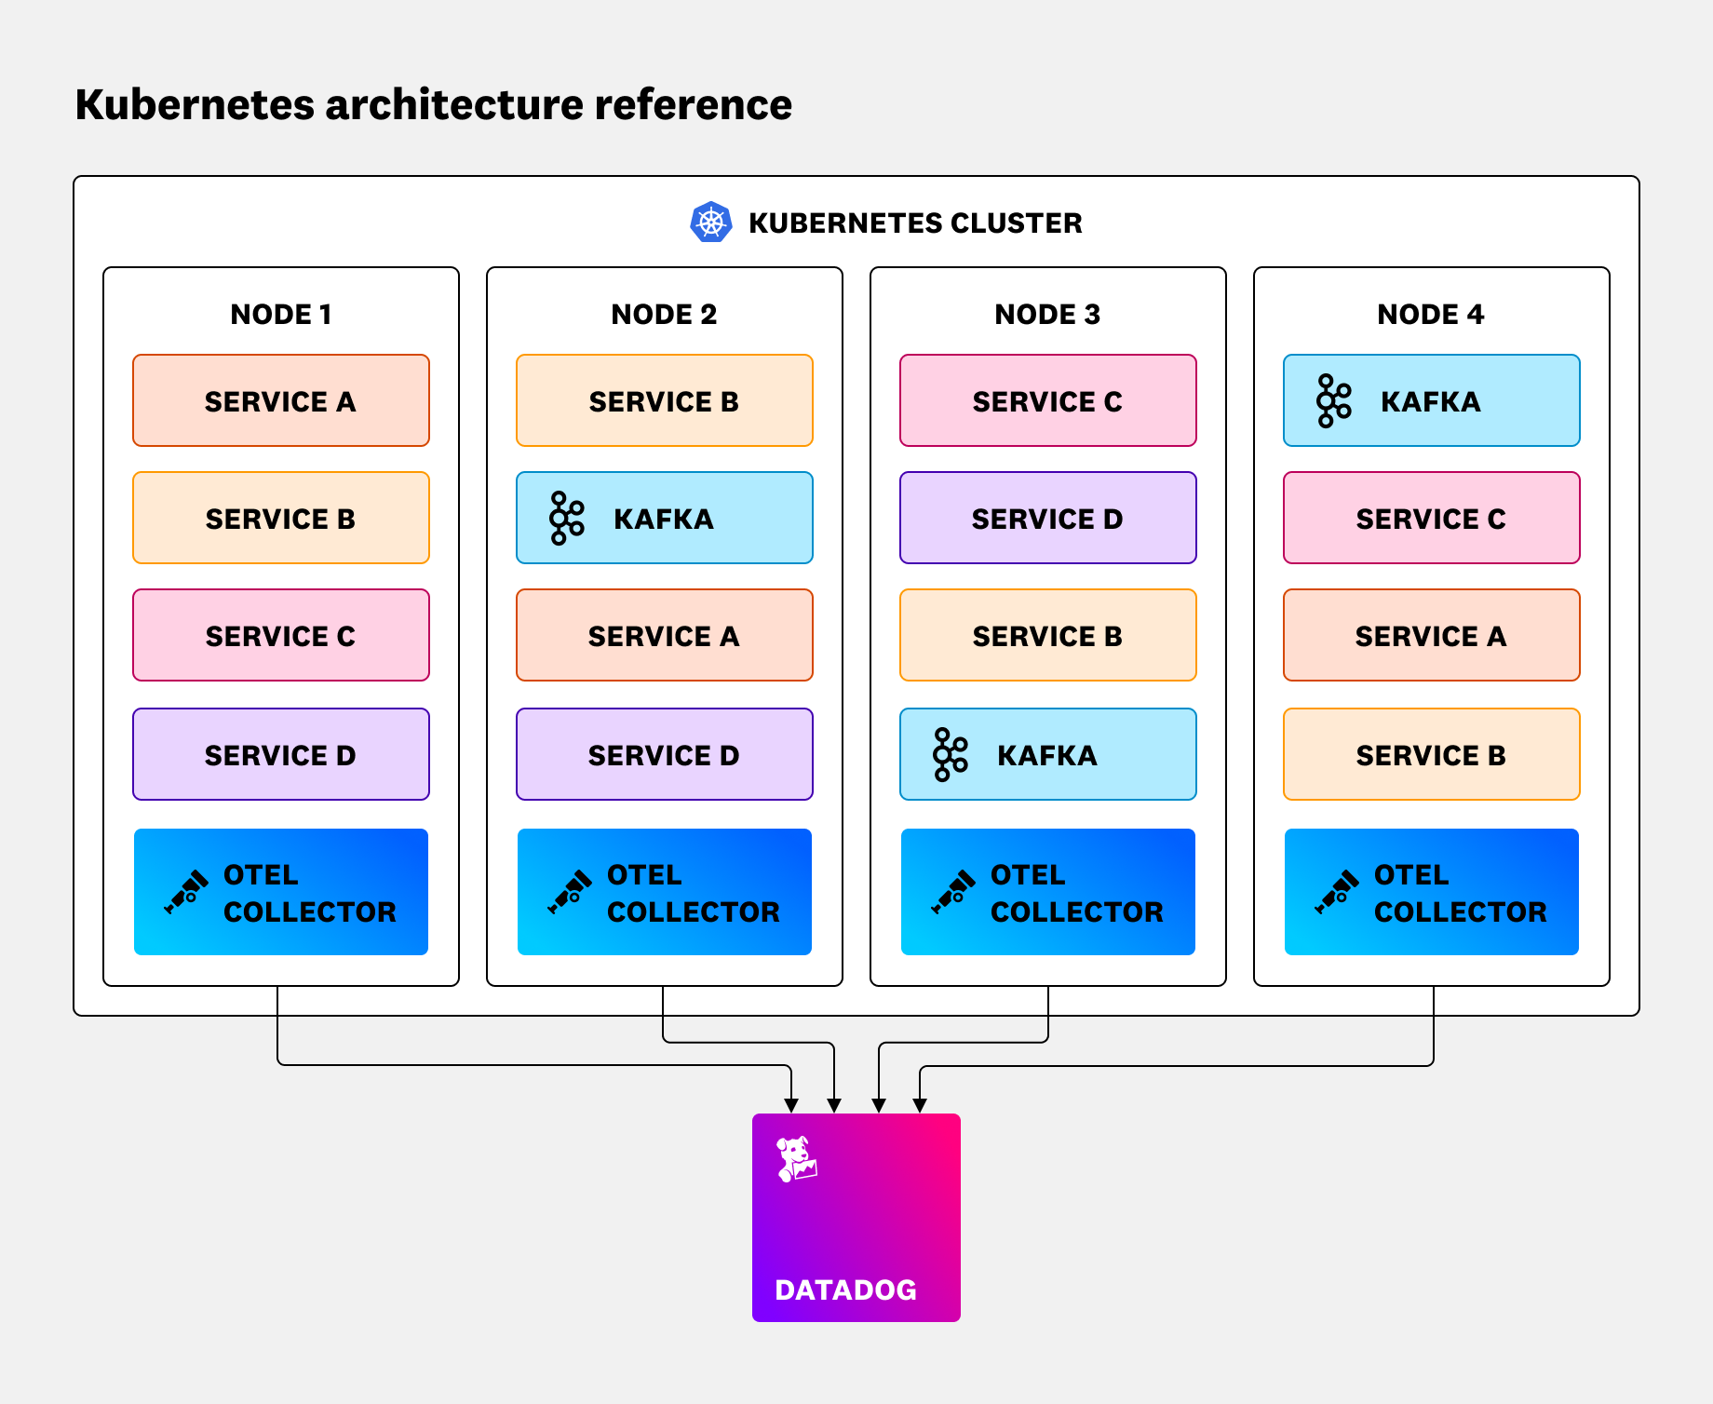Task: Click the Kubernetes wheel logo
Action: (711, 223)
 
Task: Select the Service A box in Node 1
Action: (280, 400)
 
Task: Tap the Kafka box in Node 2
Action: (664, 518)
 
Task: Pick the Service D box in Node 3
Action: (1047, 518)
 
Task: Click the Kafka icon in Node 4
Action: (1333, 400)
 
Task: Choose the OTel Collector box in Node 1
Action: (280, 892)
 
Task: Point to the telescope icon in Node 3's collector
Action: (953, 892)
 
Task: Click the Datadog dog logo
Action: (797, 1159)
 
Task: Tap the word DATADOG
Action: (845, 1289)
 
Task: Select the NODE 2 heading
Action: (664, 315)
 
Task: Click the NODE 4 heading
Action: (1430, 315)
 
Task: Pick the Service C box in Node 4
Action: (1431, 518)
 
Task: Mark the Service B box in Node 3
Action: (1047, 635)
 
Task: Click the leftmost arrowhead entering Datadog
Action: (791, 1105)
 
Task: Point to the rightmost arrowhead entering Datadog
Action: (920, 1105)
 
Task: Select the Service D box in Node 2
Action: (664, 754)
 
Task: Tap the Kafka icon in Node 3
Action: (950, 754)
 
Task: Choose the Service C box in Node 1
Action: (280, 635)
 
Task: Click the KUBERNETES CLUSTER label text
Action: (915, 223)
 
